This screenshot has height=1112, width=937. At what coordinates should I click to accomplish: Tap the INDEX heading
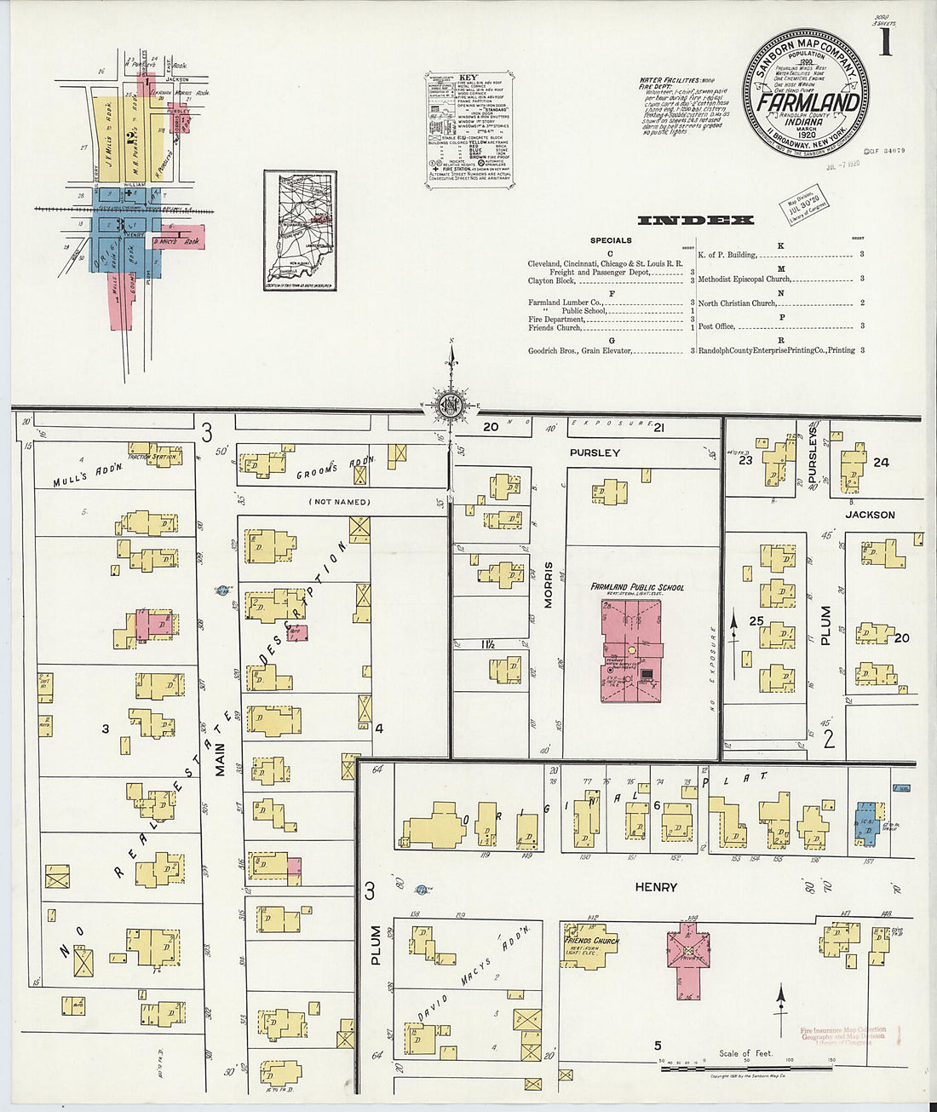click(695, 220)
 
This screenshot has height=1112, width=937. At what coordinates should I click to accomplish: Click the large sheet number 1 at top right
click(886, 42)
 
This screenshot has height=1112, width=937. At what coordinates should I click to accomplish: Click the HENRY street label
click(656, 887)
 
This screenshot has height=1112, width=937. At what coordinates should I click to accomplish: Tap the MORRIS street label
click(549, 584)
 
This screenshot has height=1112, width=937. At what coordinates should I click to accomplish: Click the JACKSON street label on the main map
click(870, 515)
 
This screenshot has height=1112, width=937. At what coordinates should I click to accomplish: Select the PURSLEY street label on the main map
click(595, 452)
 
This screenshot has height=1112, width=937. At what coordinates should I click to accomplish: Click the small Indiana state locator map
click(300, 230)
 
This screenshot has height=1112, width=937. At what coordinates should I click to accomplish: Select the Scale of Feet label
click(746, 1053)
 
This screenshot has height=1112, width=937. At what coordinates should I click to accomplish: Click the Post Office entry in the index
click(717, 326)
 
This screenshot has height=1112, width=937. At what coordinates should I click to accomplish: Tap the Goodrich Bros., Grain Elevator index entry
click(579, 350)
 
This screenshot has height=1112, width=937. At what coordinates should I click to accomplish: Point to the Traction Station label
click(155, 457)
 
